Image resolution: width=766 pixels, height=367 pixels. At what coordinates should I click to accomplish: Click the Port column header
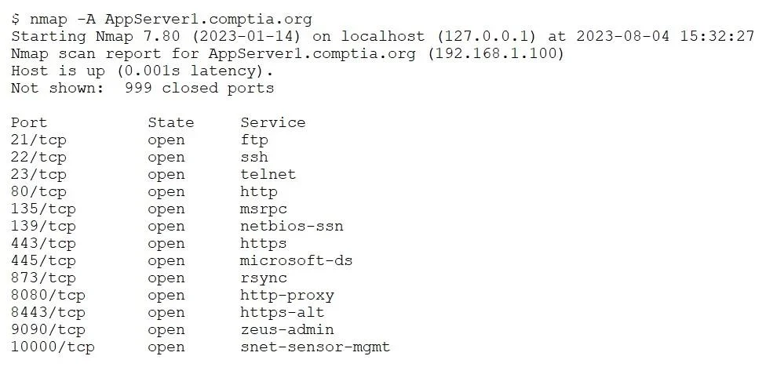point(29,122)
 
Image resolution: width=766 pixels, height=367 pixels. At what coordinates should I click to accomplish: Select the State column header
point(170,122)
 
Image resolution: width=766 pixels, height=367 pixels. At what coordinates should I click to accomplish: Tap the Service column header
point(272,122)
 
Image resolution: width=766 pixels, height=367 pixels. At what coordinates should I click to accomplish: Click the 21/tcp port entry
point(38,140)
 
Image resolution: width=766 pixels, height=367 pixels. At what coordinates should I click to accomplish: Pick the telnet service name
point(268,174)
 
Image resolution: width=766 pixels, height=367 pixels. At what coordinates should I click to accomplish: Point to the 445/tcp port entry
point(43,260)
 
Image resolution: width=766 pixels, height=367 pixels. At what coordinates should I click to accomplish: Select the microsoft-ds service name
point(296,260)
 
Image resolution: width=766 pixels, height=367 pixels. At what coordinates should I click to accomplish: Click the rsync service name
point(264,278)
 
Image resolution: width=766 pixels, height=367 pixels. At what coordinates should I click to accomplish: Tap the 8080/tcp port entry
point(48,296)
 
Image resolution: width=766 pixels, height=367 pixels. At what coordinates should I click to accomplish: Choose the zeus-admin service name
point(286,330)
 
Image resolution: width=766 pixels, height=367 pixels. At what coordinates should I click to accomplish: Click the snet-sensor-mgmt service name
point(315,347)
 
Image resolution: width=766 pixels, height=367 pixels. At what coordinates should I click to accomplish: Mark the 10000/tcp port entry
point(53,347)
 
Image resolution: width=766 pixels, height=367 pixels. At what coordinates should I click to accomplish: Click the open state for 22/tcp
point(166,158)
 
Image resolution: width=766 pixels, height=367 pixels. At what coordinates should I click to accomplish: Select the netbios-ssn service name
point(292,226)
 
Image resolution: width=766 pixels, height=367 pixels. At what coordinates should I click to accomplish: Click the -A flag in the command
point(86,19)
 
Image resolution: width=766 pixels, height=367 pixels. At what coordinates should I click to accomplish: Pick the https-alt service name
point(282,312)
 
